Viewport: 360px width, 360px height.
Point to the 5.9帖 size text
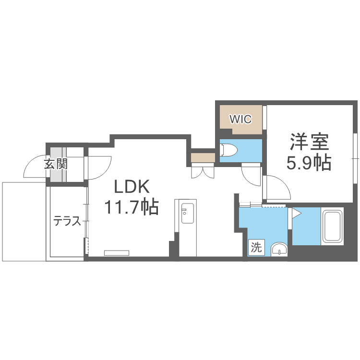click(308, 164)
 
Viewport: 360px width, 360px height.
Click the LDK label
click(132, 186)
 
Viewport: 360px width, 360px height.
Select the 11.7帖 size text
click(132, 207)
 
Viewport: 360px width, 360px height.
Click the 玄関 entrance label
click(56, 164)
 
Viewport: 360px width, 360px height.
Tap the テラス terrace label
click(67, 222)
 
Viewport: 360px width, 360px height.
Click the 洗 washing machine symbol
click(256, 248)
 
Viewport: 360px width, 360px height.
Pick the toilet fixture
click(229, 151)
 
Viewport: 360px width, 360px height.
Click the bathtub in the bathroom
click(333, 226)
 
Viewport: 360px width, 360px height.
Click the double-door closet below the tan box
click(202, 171)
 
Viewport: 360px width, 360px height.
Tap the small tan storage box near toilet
click(202, 158)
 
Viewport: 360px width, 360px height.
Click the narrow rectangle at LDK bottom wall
click(117, 252)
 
